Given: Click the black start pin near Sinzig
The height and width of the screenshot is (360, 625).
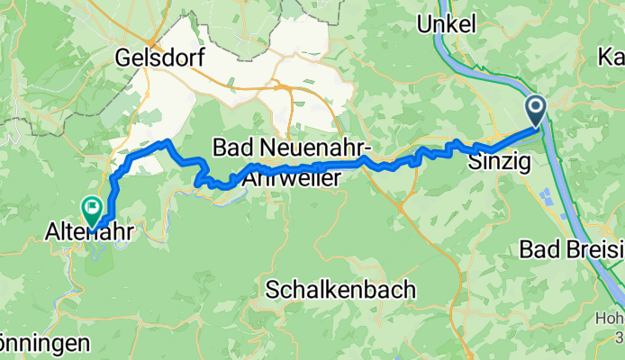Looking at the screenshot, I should coord(536,112).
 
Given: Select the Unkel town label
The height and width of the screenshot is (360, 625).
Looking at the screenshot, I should coord(446,24).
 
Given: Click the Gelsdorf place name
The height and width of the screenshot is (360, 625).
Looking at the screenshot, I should coord(160,58).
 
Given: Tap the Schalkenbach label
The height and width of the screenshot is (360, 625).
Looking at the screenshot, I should coord(341,290).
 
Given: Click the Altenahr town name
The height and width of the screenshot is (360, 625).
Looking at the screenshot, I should coord(90,232).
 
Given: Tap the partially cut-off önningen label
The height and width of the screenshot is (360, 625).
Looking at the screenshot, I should coord(45,343).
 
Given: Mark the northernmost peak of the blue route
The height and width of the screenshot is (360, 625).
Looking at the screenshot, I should coord(164,142).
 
